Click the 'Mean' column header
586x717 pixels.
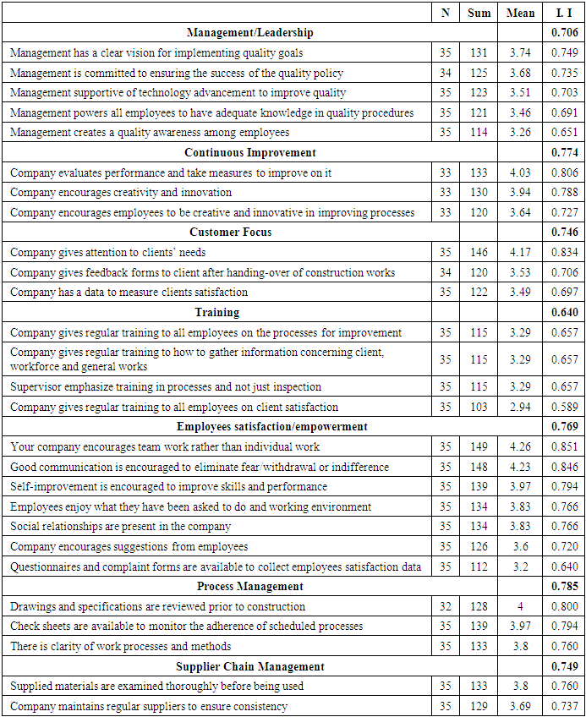point(520,13)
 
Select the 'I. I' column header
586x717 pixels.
point(563,13)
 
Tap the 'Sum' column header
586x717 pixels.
point(479,13)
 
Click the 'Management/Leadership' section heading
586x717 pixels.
point(249,33)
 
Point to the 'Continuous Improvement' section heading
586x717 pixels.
point(249,153)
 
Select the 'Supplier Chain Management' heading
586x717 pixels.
point(249,667)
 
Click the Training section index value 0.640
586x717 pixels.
point(563,313)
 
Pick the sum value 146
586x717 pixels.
point(479,253)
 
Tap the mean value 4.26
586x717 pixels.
point(520,447)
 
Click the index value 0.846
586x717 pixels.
point(563,468)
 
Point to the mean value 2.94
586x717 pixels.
point(520,408)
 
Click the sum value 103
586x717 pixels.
point(479,408)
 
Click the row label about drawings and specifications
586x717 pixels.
point(158,607)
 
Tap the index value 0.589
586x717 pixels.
point(563,408)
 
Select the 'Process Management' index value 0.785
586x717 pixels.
point(563,587)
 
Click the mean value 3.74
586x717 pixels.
point(520,52)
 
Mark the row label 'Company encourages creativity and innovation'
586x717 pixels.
point(121,193)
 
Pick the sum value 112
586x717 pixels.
point(479,566)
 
